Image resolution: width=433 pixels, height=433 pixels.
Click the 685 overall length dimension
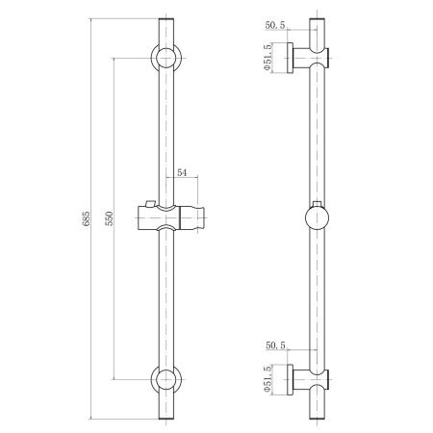pyautogui.click(x=86, y=218)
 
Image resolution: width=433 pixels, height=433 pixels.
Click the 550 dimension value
pyautogui.click(x=110, y=218)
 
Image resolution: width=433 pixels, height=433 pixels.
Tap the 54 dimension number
pyautogui.click(x=182, y=172)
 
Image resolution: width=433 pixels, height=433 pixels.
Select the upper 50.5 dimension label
pyautogui.click(x=275, y=25)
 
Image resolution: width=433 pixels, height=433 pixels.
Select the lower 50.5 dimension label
pyautogui.click(x=275, y=345)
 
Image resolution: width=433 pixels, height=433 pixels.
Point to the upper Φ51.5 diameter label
pyautogui.click(x=267, y=58)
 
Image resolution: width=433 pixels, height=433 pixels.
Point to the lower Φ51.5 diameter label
pyautogui.click(x=267, y=379)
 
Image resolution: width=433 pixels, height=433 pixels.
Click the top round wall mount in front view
pyautogui.click(x=166, y=58)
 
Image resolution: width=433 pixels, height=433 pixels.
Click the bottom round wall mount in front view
pyautogui.click(x=166, y=379)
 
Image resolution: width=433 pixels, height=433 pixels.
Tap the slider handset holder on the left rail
pyautogui.click(x=171, y=217)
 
